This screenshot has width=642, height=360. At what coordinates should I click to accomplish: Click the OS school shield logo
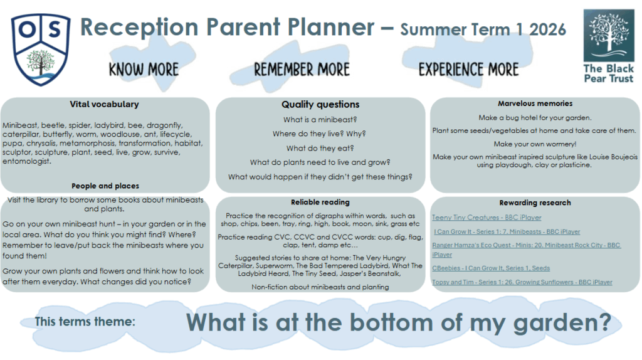click(41, 50)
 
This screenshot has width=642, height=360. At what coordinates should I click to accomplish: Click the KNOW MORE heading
click(144, 70)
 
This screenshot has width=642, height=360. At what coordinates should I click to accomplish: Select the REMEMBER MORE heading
click(302, 70)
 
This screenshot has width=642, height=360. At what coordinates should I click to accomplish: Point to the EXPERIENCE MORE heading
click(468, 70)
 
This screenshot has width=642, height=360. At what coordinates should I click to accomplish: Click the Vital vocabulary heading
click(105, 104)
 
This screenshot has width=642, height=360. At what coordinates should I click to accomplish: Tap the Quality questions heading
click(320, 105)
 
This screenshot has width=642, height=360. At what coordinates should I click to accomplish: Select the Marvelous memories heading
click(535, 103)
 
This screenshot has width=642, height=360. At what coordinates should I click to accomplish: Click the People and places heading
click(105, 186)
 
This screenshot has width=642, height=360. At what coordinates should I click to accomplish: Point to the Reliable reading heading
click(320, 202)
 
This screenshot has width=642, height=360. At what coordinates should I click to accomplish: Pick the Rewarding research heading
click(535, 203)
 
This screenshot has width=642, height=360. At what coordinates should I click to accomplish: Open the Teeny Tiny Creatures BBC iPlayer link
click(487, 218)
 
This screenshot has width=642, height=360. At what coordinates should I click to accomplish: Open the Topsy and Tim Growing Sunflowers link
click(522, 282)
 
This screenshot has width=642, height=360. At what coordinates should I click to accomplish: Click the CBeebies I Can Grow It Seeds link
click(491, 268)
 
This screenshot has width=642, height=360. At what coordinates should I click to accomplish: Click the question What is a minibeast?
click(320, 120)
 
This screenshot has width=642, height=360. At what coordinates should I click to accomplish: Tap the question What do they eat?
click(320, 148)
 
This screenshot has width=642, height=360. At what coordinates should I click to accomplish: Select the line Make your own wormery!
click(535, 144)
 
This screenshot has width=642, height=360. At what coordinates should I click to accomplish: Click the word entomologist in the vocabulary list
click(27, 161)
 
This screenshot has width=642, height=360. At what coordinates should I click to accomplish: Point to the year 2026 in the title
click(547, 29)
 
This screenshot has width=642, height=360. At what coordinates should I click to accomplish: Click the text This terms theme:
click(85, 322)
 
